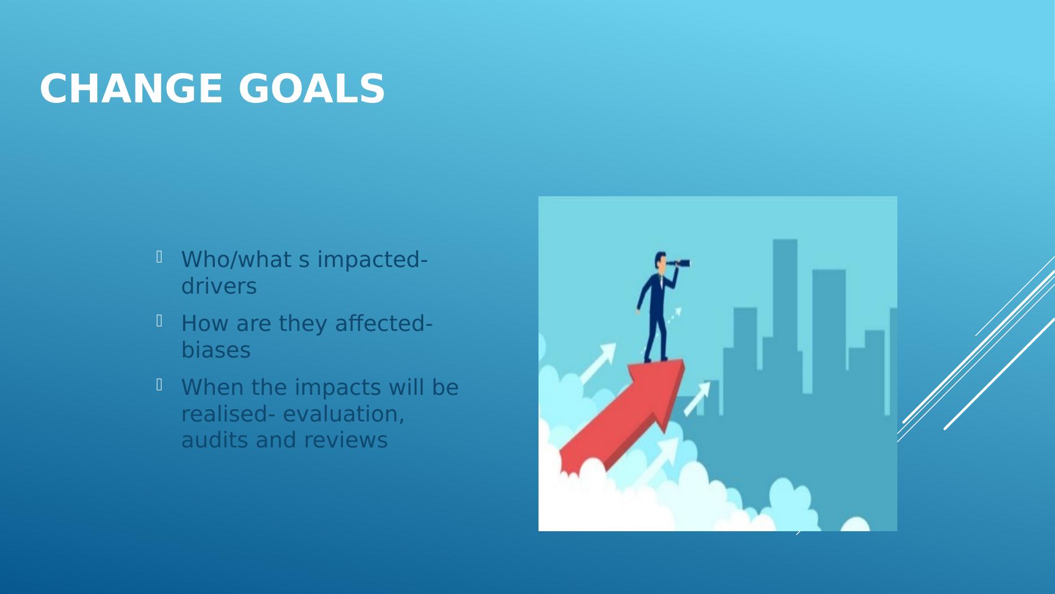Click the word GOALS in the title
point(312,89)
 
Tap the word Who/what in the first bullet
point(237,260)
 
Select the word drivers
point(219,286)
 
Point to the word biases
point(216,350)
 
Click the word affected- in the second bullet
point(384,324)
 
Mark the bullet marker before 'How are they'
point(159,321)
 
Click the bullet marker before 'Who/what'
point(159,257)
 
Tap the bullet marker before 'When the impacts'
point(159,385)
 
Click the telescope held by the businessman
point(678,263)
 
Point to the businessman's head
point(660,261)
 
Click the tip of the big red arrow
point(684,360)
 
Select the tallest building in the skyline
point(785,317)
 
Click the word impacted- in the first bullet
point(372,260)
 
